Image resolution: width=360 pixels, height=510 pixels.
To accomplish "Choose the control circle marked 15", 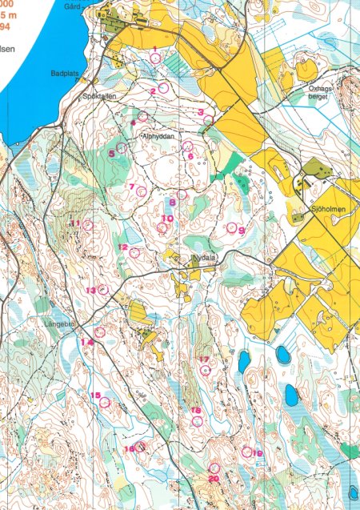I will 103,403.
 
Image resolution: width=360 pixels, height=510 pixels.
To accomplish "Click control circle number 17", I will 207,370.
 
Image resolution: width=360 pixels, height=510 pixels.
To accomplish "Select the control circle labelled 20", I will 214,468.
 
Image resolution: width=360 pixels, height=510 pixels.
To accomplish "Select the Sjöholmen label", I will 322,205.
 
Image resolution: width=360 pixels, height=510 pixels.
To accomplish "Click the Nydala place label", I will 204,259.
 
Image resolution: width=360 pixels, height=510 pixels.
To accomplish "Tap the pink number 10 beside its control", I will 167,218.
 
